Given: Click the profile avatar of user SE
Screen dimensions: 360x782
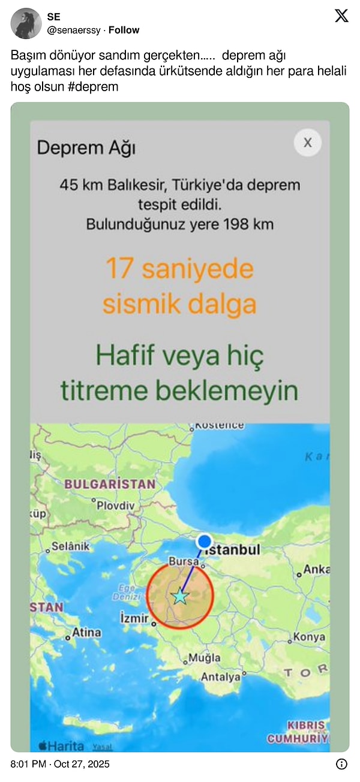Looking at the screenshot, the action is [26, 23].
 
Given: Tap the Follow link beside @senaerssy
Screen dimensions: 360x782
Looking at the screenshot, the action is [124, 30].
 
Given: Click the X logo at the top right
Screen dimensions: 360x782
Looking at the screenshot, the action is [341, 16].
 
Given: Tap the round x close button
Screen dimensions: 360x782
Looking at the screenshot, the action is [308, 143].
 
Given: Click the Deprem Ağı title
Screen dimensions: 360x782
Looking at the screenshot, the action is [86, 147].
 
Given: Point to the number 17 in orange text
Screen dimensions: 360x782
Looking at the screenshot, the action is [119, 268].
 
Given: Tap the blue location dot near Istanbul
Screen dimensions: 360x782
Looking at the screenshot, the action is [205, 541].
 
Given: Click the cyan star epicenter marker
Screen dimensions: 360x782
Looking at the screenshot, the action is [179, 596].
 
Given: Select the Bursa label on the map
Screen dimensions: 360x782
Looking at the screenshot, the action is [183, 562].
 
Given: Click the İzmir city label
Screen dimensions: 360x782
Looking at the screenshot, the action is [134, 616].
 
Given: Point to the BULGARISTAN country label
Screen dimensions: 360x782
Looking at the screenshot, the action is [110, 483].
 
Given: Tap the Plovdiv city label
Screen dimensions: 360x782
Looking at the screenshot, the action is [116, 505].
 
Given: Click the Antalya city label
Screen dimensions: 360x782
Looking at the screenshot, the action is [220, 676].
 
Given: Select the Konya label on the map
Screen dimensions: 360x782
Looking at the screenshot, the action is [310, 637].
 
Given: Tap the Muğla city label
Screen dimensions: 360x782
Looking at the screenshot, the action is [205, 658].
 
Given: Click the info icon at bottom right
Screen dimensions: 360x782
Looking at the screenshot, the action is [341, 764].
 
